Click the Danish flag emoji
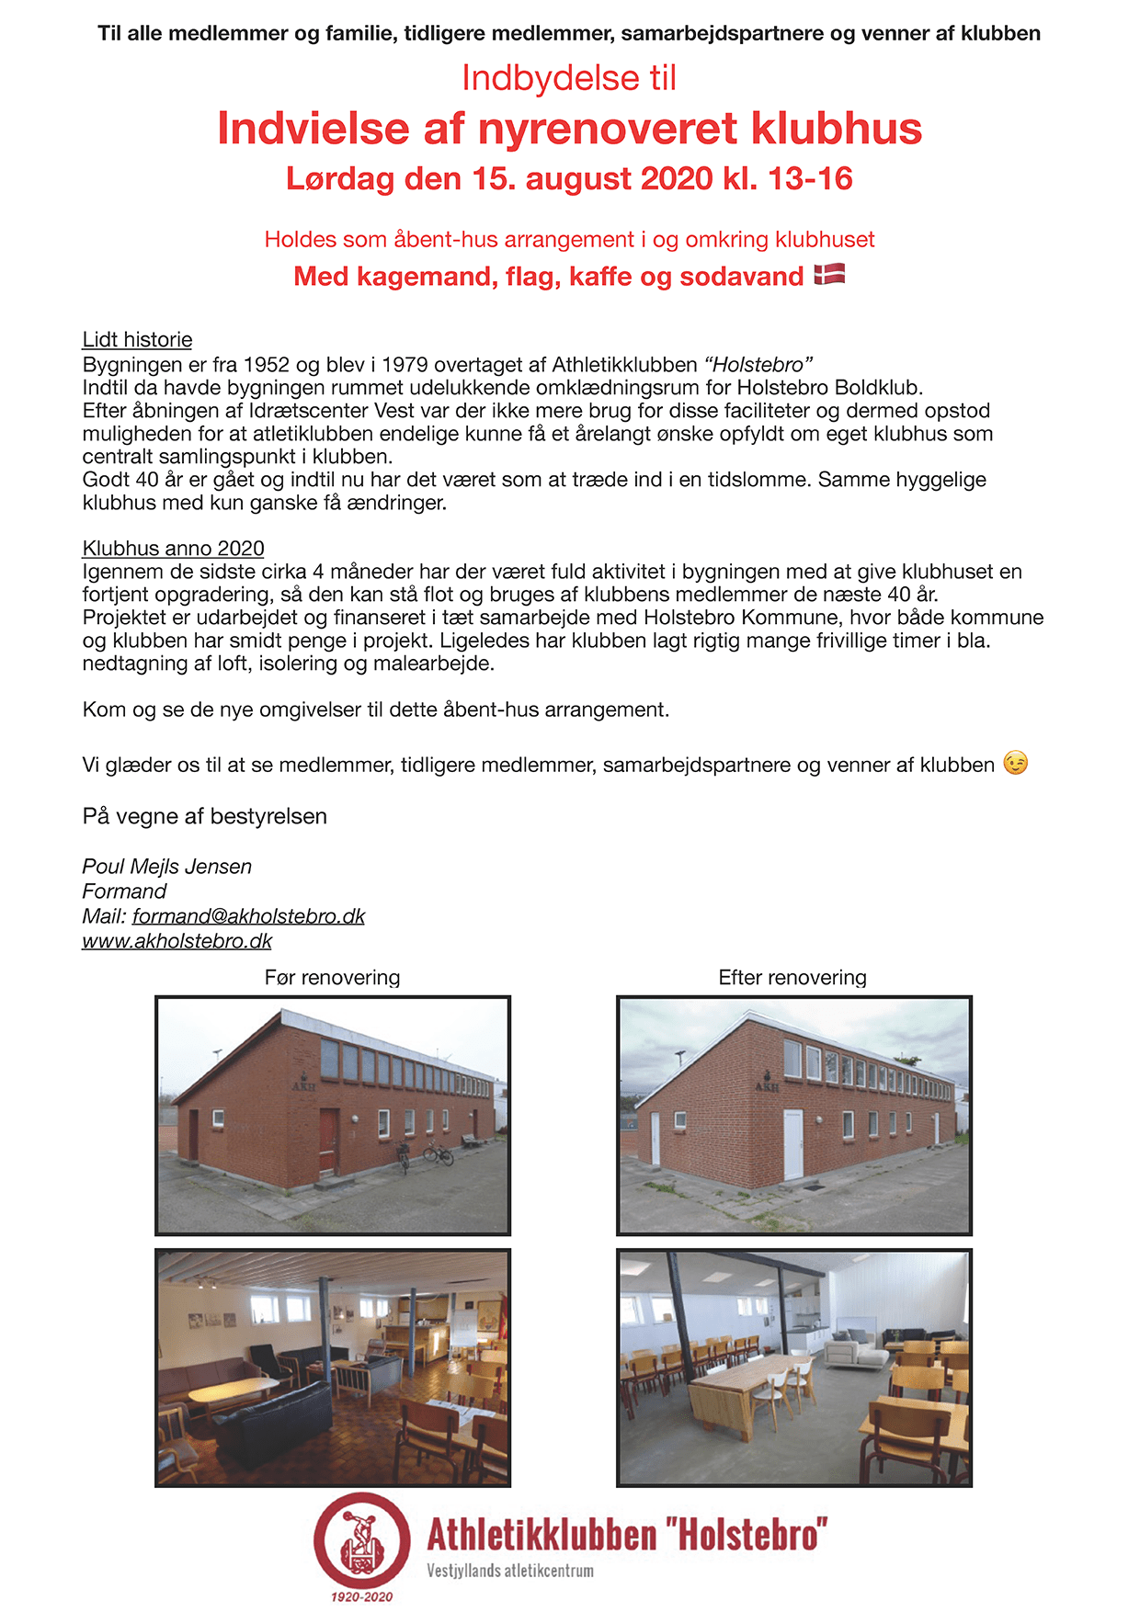(829, 274)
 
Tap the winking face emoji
(1015, 763)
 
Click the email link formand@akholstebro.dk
(248, 916)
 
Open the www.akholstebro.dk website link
(177, 941)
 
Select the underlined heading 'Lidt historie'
(137, 340)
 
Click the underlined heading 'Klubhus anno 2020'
(173, 549)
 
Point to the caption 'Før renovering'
(332, 977)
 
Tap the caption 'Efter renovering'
(792, 977)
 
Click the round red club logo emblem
(361, 1539)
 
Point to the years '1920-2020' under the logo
(361, 1596)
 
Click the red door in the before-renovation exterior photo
(328, 1140)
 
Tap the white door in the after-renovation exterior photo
(792, 1144)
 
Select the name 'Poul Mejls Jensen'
(166, 867)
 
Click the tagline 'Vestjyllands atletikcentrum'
(509, 1571)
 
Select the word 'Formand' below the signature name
(124, 891)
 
